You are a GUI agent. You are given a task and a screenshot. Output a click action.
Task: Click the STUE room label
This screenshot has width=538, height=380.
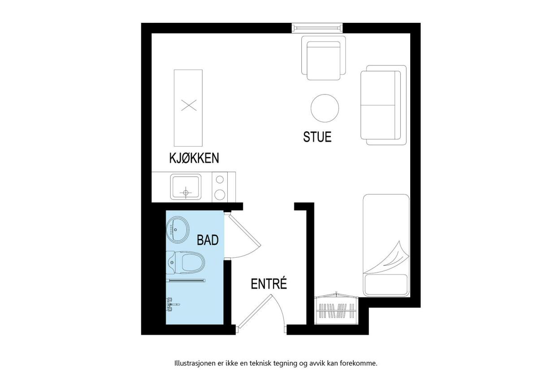click(317, 137)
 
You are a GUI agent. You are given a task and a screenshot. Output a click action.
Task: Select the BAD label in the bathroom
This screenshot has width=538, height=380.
click(208, 240)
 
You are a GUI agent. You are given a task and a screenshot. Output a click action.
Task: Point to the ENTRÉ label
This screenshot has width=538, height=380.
click(269, 283)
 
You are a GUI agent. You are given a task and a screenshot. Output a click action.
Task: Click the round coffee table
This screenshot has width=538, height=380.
click(325, 108)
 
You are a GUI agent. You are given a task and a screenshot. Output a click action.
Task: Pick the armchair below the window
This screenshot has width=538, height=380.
click(324, 58)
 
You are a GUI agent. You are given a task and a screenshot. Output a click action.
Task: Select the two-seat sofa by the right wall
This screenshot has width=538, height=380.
click(383, 105)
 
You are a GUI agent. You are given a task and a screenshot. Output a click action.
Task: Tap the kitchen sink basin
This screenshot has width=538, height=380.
click(186, 187)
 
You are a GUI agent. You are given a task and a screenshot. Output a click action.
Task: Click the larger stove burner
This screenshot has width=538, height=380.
click(220, 194)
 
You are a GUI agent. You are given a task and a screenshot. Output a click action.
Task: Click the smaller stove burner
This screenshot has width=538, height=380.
click(220, 180)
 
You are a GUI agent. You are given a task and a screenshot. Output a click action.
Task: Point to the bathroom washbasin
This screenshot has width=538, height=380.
click(178, 229)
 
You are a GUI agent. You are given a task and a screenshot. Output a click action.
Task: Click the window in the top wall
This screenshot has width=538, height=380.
click(317, 28)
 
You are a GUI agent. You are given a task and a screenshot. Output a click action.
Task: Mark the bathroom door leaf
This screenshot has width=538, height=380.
click(245, 231)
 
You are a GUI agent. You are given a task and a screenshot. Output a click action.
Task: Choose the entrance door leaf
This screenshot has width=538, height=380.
click(255, 311)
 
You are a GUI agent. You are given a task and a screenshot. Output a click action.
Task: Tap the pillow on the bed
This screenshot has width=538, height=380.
click(386, 285)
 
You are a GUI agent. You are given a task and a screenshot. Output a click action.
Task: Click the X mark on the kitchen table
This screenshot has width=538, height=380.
click(189, 105)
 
